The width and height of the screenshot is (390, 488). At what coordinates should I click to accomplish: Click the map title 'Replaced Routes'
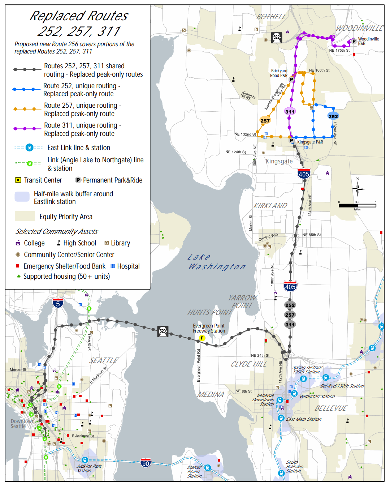[78, 16]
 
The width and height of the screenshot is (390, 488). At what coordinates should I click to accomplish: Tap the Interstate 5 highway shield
[58, 303]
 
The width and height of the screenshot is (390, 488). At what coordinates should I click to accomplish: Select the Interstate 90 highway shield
[146, 463]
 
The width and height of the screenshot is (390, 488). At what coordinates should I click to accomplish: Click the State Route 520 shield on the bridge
[163, 331]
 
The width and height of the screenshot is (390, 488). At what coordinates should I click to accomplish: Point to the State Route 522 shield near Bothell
[277, 38]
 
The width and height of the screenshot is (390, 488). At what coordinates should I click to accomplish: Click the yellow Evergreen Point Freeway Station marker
[202, 338]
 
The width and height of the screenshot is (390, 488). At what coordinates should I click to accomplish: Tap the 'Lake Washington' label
[216, 262]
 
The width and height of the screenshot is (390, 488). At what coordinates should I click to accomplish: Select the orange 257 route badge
[265, 121]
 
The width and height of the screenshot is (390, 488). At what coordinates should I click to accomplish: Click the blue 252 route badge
[333, 116]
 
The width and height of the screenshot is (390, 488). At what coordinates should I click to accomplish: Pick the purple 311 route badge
[290, 112]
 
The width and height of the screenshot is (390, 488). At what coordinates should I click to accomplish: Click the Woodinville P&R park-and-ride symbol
[354, 41]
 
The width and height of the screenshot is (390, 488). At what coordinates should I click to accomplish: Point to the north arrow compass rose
[357, 188]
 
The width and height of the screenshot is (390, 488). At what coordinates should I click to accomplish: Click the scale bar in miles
[357, 205]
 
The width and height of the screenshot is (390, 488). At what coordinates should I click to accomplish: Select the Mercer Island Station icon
[207, 468]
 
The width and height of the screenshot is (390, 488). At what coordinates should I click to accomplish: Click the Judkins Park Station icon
[85, 460]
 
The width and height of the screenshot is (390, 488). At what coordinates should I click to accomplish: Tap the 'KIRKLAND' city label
[270, 206]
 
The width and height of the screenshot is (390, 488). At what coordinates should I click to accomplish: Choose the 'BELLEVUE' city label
[331, 408]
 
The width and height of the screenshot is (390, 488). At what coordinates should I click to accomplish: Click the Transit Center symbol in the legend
[18, 180]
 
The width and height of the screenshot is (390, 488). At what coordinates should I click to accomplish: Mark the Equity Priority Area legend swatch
[25, 216]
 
